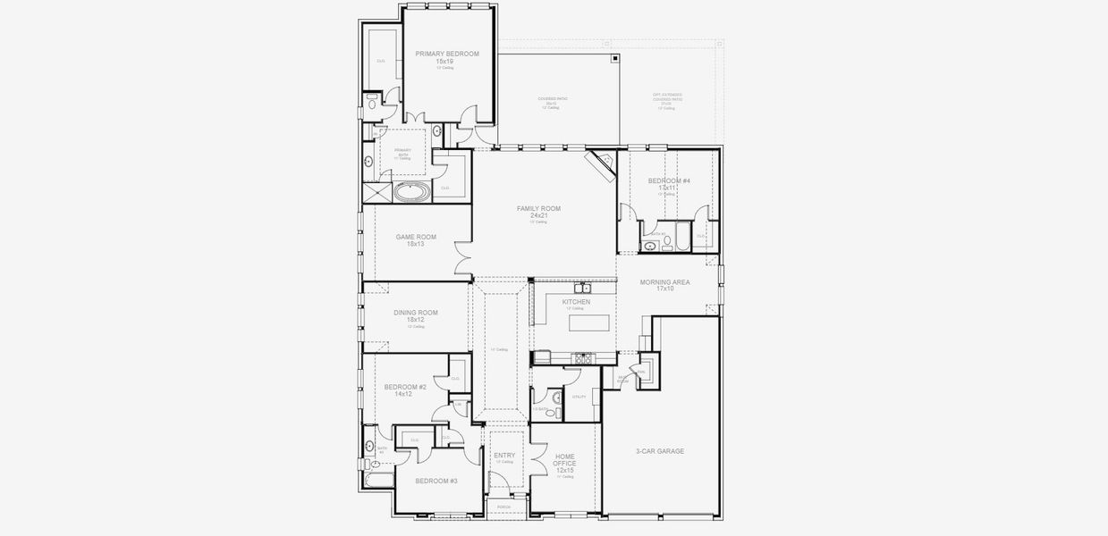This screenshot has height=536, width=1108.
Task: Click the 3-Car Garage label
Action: point(659,451)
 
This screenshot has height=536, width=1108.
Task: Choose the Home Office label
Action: point(564,460)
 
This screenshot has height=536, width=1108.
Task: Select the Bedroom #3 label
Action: point(436,481)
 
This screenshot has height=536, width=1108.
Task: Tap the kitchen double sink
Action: point(582,288)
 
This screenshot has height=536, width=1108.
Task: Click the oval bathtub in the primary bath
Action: point(412,191)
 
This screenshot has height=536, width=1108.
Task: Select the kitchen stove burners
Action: point(583,357)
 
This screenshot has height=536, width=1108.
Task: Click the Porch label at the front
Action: point(504,507)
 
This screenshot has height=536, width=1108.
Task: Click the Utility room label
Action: point(579,397)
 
